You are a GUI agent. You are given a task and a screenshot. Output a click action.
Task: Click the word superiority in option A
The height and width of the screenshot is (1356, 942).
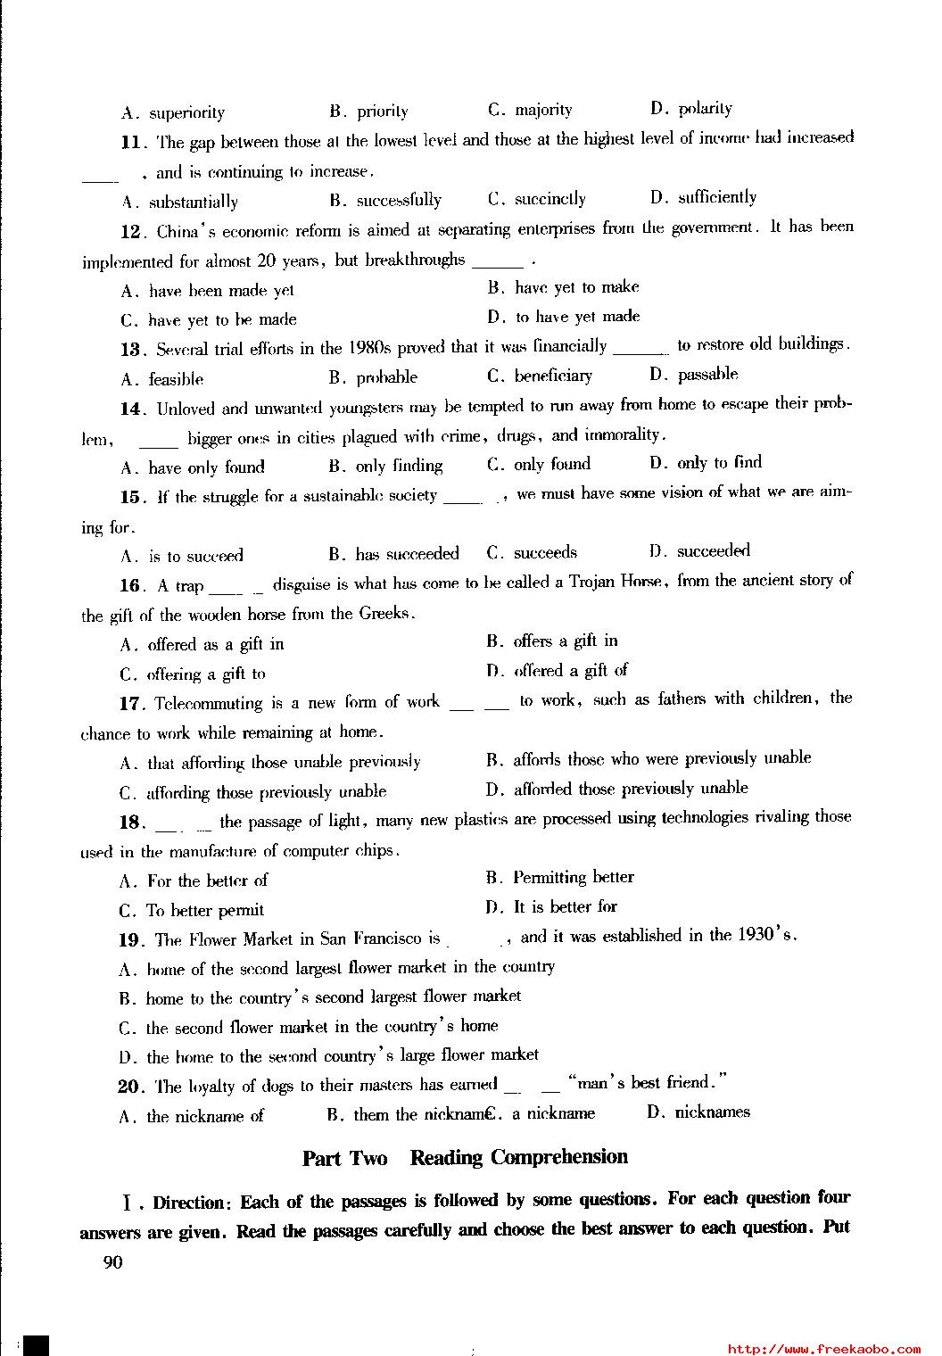pyautogui.click(x=186, y=112)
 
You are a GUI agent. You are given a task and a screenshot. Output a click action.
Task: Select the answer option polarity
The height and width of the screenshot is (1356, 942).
pyautogui.click(x=705, y=109)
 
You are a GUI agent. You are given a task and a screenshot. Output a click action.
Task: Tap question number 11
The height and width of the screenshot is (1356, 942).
pyautogui.click(x=131, y=142)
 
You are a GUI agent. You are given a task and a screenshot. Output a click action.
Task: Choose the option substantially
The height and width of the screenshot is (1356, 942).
pyautogui.click(x=193, y=202)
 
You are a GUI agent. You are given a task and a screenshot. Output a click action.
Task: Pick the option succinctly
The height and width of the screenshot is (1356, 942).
pyautogui.click(x=549, y=199)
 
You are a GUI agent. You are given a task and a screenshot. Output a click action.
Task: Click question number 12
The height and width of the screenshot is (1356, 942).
pyautogui.click(x=131, y=232)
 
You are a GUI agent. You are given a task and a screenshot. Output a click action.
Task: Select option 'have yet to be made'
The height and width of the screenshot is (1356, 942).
pyautogui.click(x=222, y=319)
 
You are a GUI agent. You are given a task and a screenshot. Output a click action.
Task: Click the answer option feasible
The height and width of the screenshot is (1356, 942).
pyautogui.click(x=176, y=379)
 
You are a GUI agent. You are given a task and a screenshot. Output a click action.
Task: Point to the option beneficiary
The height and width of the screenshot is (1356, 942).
pyautogui.click(x=552, y=376)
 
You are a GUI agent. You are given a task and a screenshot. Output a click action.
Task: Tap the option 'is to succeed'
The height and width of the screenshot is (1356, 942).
pyautogui.click(x=195, y=556)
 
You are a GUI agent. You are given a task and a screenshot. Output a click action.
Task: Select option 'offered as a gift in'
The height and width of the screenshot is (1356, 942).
pyautogui.click(x=215, y=644)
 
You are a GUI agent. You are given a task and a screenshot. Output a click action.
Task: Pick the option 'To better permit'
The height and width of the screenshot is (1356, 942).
pyautogui.click(x=205, y=910)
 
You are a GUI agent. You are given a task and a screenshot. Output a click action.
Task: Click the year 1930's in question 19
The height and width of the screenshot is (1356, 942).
pyautogui.click(x=766, y=935)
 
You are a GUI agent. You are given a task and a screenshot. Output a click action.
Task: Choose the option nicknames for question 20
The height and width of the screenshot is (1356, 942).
pyautogui.click(x=712, y=1112)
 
